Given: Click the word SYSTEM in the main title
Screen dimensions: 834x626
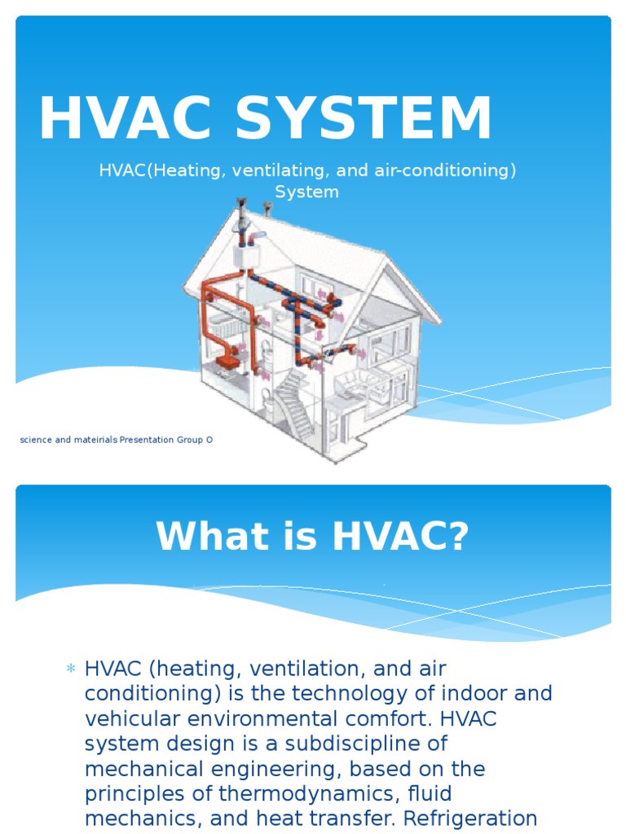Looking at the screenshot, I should (x=364, y=120).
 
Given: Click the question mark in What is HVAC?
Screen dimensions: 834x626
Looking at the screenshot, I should (x=459, y=537).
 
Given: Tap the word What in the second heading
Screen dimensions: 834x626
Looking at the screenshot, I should (x=189, y=537).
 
